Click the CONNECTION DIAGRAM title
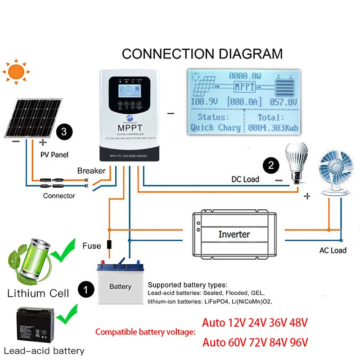point(202,54)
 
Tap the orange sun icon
point(16,72)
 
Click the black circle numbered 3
point(64,132)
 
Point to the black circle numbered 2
point(270,165)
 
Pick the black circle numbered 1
point(85,288)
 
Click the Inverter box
point(234,234)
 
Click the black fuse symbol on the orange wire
point(108,245)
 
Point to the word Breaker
point(91,171)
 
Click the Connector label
point(59,196)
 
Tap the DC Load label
point(245,179)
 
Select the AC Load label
point(333,250)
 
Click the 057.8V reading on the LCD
point(283,102)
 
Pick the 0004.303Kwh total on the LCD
point(273,128)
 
